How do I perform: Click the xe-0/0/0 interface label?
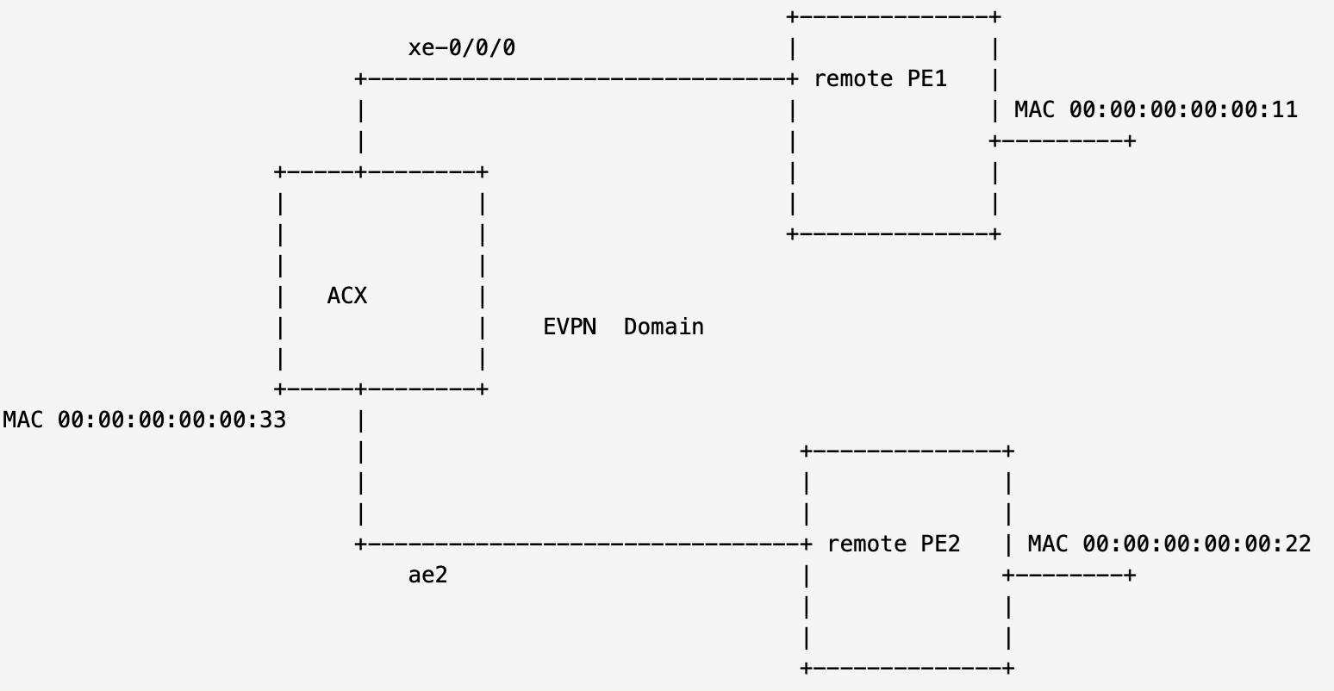[462, 47]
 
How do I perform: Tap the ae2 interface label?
[427, 575]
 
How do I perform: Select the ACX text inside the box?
[347, 296]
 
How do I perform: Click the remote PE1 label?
[880, 78]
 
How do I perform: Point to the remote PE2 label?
[893, 544]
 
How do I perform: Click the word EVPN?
[570, 327]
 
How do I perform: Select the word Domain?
[664, 327]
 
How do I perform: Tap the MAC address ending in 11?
[1156, 109]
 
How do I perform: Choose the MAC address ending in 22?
[1169, 544]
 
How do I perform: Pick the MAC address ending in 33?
[145, 420]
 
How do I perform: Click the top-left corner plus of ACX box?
[279, 172]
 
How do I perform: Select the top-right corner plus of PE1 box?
[995, 17]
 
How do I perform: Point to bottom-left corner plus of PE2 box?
[806, 669]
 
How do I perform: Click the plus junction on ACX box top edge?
[360, 172]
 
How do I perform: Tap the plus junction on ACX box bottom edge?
[360, 389]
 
